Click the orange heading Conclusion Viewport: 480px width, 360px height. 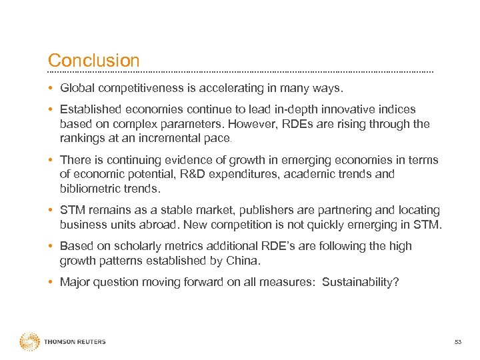(94, 61)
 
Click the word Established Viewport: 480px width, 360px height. (89, 109)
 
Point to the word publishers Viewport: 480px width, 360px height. (259, 210)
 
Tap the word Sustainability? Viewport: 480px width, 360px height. (361, 282)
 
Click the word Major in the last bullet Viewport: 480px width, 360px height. (75, 282)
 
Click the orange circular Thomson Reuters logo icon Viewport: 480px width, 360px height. (30, 342)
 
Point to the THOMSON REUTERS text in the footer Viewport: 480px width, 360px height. (75, 342)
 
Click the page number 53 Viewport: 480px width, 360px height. (457, 343)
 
